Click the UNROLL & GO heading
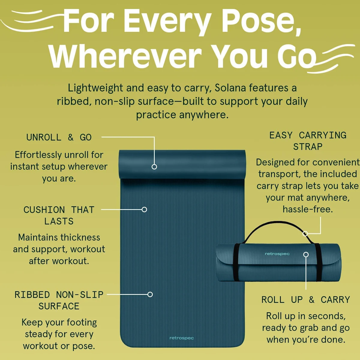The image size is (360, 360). pyautogui.click(x=59, y=137)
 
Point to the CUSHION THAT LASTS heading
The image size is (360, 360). pyautogui.click(x=59, y=215)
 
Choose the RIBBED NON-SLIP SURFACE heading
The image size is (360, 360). pyautogui.click(x=59, y=300)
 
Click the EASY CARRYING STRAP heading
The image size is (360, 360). pyautogui.click(x=308, y=141)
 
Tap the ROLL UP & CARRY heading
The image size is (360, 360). pyautogui.click(x=306, y=300)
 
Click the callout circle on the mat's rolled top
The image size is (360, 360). pyautogui.click(x=154, y=166)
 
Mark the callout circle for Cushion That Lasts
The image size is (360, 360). pyautogui.click(x=144, y=209)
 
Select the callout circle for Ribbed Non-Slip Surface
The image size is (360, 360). pyautogui.click(x=150, y=294)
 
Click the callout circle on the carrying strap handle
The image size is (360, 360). pyautogui.click(x=305, y=233)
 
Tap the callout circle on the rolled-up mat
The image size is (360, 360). pyautogui.click(x=306, y=254)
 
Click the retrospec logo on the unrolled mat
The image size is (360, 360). pyautogui.click(x=181, y=338)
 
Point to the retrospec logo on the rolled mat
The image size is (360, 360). pyautogui.click(x=277, y=254)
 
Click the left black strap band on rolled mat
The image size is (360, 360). pyautogui.click(x=236, y=262)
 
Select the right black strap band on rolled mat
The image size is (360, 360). pyautogui.click(x=318, y=262)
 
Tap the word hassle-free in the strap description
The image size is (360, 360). pyautogui.click(x=308, y=209)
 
